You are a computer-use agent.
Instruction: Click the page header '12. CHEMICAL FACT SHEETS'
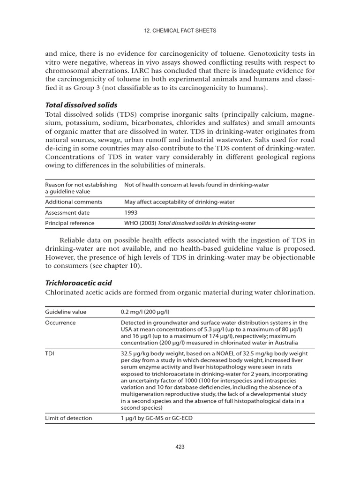pos(180,31)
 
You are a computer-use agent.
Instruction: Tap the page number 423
pos(180,447)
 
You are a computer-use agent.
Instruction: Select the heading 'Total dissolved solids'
pos(81,105)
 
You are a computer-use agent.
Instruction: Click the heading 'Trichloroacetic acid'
pos(78,283)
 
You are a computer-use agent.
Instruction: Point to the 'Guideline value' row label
pos(66,312)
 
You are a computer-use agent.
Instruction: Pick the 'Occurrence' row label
pos(60,323)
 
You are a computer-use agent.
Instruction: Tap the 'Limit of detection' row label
pos(68,418)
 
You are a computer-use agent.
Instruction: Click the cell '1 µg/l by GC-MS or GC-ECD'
pos(156,418)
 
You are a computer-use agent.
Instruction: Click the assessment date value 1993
pos(131,212)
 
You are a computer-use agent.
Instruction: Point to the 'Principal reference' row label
pos(69,223)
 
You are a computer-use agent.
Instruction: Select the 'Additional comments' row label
pos(74,202)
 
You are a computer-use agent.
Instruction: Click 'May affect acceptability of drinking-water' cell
pos(179,202)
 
